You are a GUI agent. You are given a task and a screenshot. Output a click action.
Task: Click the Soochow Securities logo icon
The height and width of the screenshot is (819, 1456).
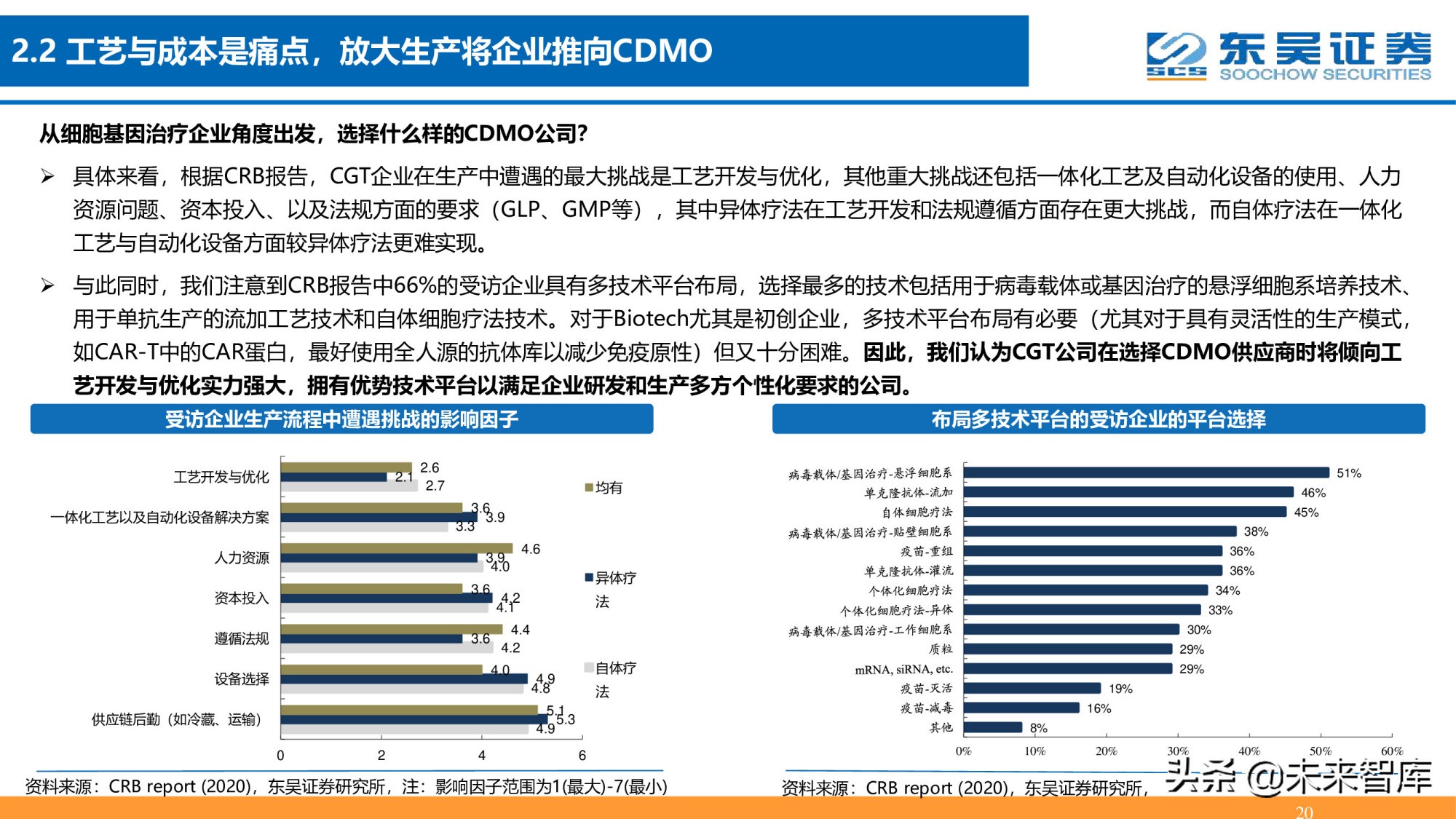(x=1175, y=55)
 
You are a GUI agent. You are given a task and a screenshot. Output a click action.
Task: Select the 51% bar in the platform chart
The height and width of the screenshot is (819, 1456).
(x=1146, y=472)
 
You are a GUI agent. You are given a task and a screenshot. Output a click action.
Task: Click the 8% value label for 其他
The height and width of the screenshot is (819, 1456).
(x=1039, y=728)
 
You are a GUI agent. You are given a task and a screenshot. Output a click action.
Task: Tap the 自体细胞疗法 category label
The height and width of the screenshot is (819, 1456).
(x=917, y=513)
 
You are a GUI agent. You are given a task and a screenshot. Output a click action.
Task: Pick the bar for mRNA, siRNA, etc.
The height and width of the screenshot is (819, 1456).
(x=1067, y=668)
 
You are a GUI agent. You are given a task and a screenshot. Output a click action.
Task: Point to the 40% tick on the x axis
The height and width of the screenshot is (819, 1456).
(x=1249, y=751)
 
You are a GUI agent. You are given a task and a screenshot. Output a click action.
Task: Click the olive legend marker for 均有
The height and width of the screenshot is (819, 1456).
(x=589, y=488)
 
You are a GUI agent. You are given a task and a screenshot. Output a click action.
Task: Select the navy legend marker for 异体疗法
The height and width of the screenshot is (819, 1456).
(x=589, y=578)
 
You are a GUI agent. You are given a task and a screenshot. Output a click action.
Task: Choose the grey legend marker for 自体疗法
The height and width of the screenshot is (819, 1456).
(x=589, y=668)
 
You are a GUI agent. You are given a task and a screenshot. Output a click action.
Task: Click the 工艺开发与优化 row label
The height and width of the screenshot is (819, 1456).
(x=221, y=477)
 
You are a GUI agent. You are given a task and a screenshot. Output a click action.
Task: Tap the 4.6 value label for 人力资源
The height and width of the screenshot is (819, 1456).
(x=530, y=549)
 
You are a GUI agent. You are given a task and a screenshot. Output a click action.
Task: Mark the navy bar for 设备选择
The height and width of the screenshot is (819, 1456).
(x=404, y=678)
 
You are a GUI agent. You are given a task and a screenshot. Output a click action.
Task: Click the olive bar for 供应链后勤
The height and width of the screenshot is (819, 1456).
(x=408, y=710)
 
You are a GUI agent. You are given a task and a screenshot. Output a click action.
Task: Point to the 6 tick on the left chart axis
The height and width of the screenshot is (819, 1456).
(x=582, y=756)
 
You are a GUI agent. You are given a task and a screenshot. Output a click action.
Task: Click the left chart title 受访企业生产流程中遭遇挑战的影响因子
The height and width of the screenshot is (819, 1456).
(x=341, y=419)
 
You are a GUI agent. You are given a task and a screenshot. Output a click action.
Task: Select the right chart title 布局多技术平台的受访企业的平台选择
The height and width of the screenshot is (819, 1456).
(x=1098, y=419)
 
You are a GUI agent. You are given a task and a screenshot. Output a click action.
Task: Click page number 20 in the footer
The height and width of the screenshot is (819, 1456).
(x=1304, y=811)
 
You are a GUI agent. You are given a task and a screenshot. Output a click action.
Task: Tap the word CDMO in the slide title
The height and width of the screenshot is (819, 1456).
(x=661, y=51)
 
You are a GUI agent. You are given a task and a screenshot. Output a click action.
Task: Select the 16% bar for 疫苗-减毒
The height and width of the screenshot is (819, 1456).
(x=1021, y=708)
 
